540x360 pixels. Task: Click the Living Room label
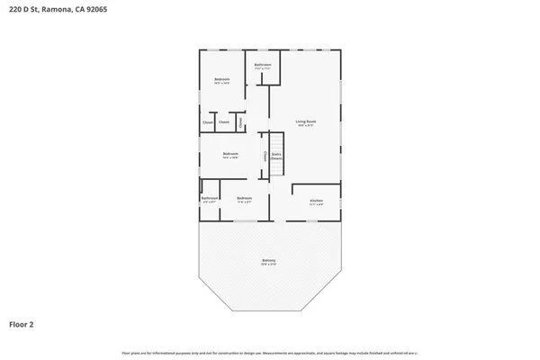[306, 121]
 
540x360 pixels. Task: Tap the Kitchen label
[316, 199]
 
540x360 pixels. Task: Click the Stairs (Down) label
[276, 156]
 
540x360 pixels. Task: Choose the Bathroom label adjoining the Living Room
[264, 65]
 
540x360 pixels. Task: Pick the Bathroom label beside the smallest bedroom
[210, 197]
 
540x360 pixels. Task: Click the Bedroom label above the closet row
[221, 80]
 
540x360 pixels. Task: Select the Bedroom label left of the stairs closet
[230, 153]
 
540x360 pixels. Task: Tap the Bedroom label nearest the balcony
[244, 197]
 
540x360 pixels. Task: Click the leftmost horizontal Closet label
[207, 121]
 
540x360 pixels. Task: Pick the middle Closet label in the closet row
[224, 121]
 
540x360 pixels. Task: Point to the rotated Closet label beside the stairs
[264, 156]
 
